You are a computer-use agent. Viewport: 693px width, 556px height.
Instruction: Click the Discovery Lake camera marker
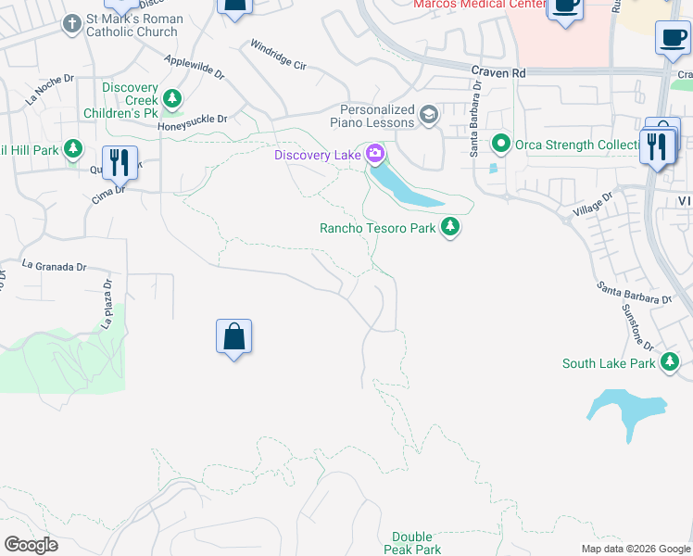(x=375, y=154)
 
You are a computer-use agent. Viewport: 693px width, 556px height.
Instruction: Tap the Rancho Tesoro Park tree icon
(x=450, y=227)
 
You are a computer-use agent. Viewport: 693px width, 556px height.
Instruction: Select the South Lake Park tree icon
(x=670, y=363)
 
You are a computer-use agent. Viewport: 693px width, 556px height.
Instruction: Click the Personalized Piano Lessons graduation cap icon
(x=428, y=115)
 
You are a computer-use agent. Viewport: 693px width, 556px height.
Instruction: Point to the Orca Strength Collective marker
(x=501, y=144)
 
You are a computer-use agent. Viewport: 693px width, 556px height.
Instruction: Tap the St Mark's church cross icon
(x=71, y=26)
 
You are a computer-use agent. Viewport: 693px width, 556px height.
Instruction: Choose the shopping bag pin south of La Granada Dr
(x=234, y=337)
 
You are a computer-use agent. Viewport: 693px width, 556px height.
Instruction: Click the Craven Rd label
(x=498, y=72)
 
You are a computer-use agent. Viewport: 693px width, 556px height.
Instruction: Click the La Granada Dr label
(x=54, y=266)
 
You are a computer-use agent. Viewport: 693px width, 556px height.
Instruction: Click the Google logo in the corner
(x=31, y=545)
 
